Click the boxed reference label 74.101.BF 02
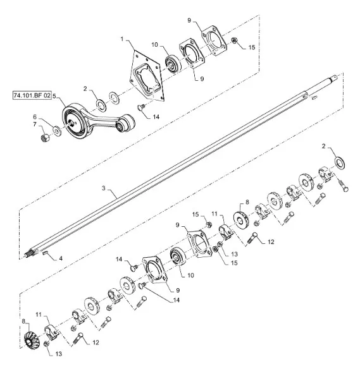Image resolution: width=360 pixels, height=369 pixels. [32, 95]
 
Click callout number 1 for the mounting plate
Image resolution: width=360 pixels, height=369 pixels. [122, 39]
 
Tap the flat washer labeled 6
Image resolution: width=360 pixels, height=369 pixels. [57, 131]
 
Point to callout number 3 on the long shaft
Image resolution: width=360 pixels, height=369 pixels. [104, 188]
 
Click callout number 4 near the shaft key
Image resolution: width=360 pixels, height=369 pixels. [61, 258]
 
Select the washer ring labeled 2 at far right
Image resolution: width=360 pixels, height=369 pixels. [340, 164]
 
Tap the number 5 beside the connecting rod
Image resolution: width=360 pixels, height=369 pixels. [54, 95]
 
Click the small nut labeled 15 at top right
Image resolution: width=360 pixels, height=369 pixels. [234, 40]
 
